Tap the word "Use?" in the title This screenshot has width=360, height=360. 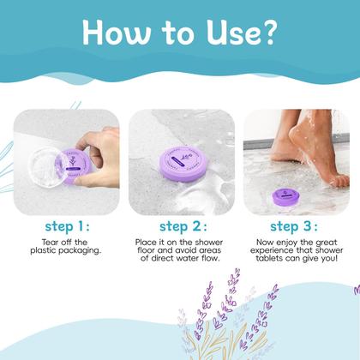[249, 33]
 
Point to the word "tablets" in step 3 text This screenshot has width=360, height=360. [271, 263]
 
